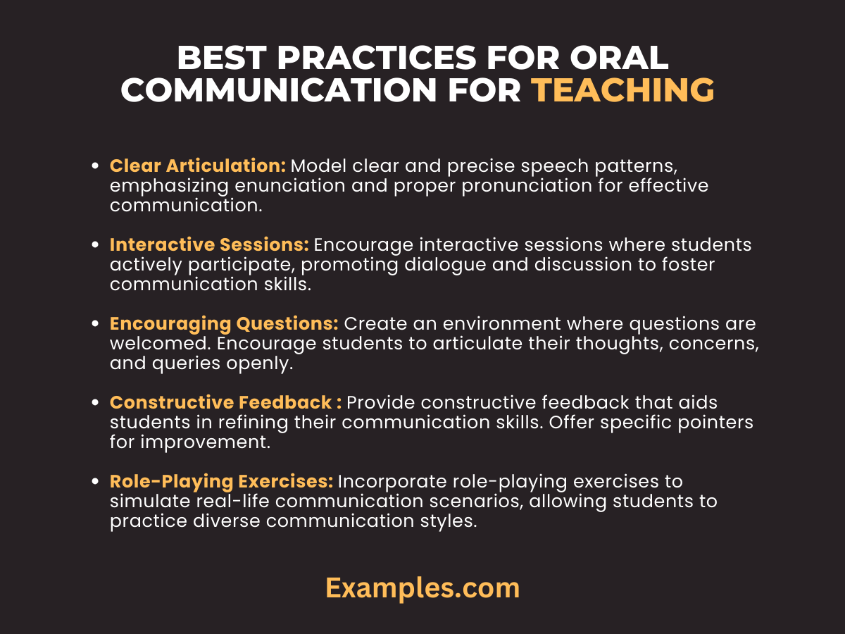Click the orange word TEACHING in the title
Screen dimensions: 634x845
pyautogui.click(x=622, y=90)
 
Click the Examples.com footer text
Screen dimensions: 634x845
pyautogui.click(x=423, y=588)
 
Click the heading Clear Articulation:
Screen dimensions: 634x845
pyautogui.click(x=198, y=166)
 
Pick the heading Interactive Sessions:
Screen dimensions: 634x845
pyautogui.click(x=209, y=245)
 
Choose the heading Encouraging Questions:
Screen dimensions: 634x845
pyautogui.click(x=224, y=324)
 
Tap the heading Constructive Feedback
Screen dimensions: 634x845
pyautogui.click(x=221, y=403)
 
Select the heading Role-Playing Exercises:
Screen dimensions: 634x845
pyautogui.click(x=221, y=482)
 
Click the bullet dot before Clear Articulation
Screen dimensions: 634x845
pyautogui.click(x=96, y=167)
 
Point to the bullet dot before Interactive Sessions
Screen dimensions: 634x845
pyautogui.click(x=96, y=246)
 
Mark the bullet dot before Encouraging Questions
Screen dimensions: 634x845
pyautogui.click(x=96, y=325)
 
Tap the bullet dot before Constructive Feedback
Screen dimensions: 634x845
pyautogui.click(x=96, y=404)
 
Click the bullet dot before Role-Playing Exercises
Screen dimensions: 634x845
pyautogui.click(x=96, y=483)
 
